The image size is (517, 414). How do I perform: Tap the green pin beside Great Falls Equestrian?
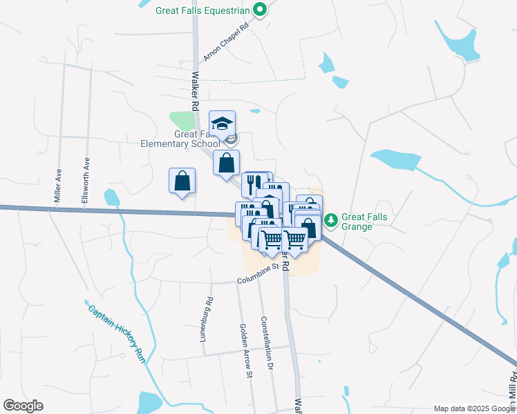pyautogui.click(x=260, y=10)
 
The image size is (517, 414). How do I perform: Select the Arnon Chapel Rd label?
pyautogui.click(x=225, y=46)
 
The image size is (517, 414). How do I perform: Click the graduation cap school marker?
pyautogui.click(x=223, y=124)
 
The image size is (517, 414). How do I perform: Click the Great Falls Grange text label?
pyautogui.click(x=364, y=221)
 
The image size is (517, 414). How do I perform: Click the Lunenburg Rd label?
pyautogui.click(x=209, y=316)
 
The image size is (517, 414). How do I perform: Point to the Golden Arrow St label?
pyautogui.click(x=246, y=351)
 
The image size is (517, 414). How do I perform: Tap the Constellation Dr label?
pyautogui.click(x=266, y=344)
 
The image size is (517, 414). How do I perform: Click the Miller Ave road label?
pyautogui.click(x=58, y=186)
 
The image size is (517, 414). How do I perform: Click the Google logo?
pyautogui.click(x=23, y=406)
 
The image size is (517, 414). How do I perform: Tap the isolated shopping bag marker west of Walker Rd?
pyautogui.click(x=182, y=181)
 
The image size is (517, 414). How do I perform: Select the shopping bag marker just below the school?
pyautogui.click(x=226, y=164)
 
